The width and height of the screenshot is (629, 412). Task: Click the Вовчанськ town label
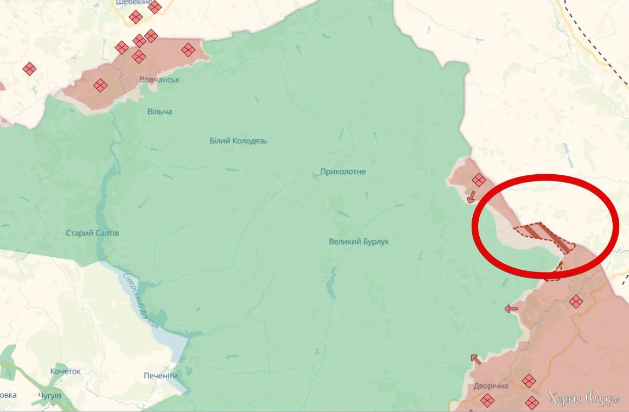160,80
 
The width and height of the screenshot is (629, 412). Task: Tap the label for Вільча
160,111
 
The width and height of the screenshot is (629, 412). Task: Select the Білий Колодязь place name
238,141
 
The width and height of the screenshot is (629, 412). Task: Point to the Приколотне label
343,172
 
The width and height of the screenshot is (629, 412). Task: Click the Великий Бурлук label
359,241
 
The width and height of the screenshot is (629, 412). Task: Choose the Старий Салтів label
92,233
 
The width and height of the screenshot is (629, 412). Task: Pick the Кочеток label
65,371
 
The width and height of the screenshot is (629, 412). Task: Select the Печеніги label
161,376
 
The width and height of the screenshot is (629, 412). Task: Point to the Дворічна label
491,386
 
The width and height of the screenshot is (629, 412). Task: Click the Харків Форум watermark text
583,399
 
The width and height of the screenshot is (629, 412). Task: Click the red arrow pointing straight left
511,309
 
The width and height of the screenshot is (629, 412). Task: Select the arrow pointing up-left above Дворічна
475,359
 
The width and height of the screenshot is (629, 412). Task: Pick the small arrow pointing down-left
471,196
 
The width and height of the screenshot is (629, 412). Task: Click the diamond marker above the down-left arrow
478,180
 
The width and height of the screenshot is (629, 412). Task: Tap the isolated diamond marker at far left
29,68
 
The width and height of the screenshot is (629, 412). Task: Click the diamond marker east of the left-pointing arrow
575,301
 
